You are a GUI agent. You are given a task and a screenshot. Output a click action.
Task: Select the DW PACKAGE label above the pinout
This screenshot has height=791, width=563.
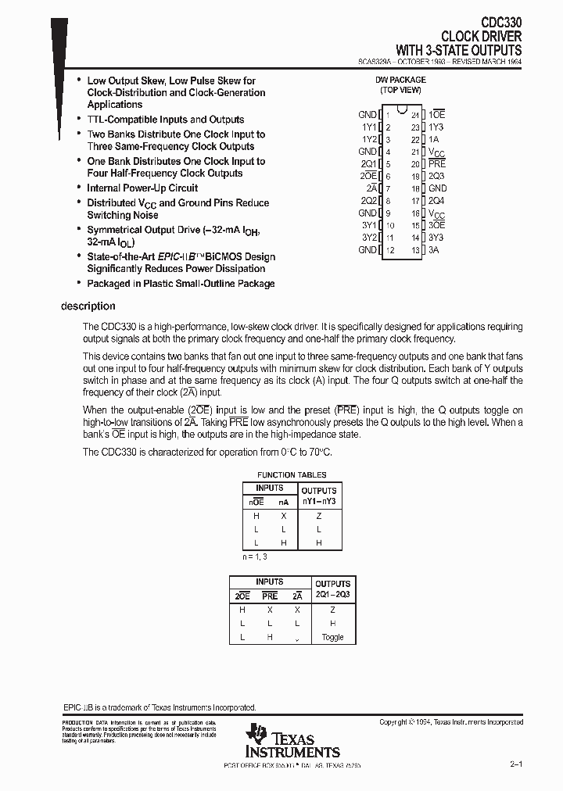(401, 80)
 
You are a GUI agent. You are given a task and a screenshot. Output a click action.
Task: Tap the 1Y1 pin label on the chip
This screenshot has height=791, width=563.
(368, 127)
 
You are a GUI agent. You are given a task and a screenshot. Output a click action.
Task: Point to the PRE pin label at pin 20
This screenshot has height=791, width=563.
(436, 164)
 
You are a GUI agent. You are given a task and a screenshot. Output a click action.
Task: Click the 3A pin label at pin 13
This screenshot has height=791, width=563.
(433, 250)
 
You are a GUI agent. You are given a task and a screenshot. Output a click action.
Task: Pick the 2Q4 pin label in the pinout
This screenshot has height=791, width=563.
(436, 201)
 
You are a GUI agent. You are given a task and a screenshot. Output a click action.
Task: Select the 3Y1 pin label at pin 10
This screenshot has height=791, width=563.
(368, 226)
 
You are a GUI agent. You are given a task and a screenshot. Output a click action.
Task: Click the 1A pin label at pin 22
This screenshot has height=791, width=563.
(433, 139)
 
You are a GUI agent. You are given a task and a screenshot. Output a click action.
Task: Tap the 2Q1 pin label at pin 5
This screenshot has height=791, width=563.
(368, 164)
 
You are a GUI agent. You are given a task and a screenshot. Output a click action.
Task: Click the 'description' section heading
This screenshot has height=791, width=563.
(88, 306)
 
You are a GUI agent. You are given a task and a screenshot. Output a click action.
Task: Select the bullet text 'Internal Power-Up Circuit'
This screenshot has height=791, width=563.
(142, 188)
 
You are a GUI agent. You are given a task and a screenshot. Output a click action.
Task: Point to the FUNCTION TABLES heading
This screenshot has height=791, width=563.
(292, 474)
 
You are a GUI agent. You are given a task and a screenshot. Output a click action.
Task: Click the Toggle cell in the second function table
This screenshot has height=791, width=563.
(332, 637)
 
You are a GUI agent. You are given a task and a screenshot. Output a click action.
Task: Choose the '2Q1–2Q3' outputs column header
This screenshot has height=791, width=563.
(332, 594)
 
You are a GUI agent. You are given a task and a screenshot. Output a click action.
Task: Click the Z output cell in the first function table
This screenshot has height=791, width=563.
(318, 515)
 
